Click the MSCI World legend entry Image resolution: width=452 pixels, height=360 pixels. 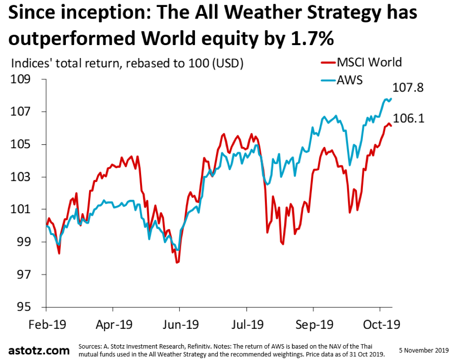(368, 62)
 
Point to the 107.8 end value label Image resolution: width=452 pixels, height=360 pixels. (408, 87)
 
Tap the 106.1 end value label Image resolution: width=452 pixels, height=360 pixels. (409, 118)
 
